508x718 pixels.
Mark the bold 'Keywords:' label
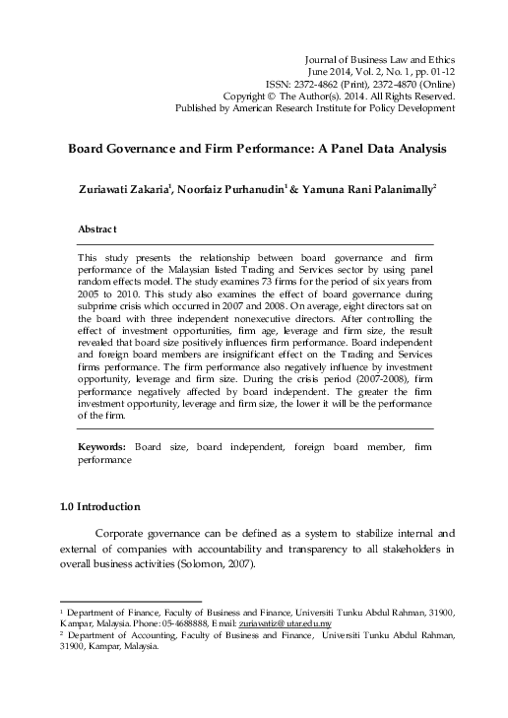(x=102, y=448)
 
